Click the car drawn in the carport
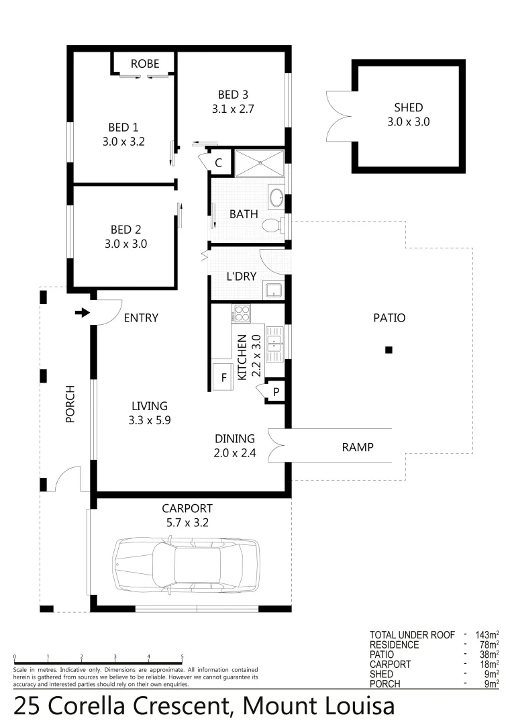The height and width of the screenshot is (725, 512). click(186, 565)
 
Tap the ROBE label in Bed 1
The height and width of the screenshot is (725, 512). click(145, 64)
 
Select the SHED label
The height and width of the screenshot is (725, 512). click(408, 108)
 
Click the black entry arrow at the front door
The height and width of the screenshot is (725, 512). click(83, 313)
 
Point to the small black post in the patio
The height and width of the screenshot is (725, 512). click(388, 350)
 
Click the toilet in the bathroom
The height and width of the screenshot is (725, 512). click(272, 225)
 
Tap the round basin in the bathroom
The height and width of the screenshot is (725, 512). click(276, 198)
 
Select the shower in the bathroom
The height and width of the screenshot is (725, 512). click(258, 163)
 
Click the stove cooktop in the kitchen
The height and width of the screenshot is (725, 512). click(240, 313)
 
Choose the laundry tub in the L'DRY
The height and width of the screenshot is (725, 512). click(273, 291)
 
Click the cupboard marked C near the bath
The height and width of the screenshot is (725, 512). click(219, 163)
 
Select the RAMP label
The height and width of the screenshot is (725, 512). click(357, 447)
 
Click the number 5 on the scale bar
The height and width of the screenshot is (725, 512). click(183, 657)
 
